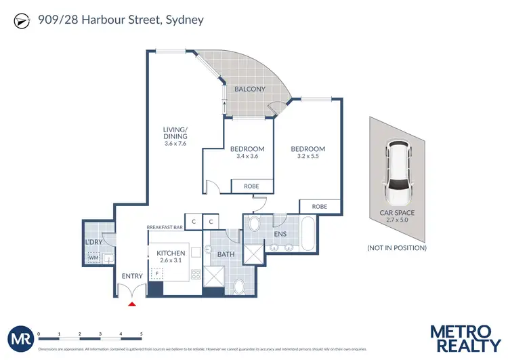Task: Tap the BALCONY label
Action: (249, 89)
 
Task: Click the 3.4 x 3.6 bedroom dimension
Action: (247, 157)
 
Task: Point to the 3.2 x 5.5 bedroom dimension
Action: (308, 157)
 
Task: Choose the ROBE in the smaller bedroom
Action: (253, 186)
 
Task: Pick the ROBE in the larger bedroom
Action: (320, 206)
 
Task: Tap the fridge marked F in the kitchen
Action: (158, 275)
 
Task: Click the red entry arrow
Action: (133, 303)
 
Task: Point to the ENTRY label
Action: (133, 276)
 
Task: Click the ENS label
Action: (280, 234)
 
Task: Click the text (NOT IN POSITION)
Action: (397, 248)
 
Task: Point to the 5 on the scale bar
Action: (141, 334)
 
